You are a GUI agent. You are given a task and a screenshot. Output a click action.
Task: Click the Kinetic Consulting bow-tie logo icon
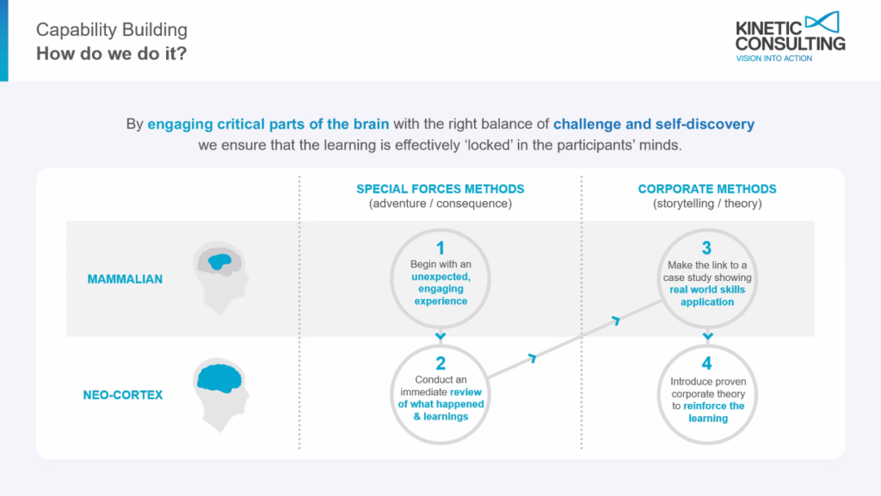tap(822, 21)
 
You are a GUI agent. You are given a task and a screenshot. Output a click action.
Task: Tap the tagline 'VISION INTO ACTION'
tap(773, 58)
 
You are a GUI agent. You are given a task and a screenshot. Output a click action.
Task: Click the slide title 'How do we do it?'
tap(111, 54)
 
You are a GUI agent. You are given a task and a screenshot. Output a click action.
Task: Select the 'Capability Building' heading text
tap(112, 30)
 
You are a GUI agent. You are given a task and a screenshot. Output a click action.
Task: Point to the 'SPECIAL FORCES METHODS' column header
tap(440, 189)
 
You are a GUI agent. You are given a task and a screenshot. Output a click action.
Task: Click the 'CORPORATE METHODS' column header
tap(707, 189)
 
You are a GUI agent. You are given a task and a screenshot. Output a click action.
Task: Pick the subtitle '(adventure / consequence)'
tap(440, 204)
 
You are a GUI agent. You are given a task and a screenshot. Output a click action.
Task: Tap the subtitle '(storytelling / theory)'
tap(707, 204)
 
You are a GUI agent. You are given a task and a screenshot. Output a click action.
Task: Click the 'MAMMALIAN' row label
tap(125, 279)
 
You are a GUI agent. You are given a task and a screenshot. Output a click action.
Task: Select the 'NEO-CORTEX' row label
tap(123, 395)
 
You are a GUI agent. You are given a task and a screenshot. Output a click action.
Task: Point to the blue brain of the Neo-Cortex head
tap(219, 378)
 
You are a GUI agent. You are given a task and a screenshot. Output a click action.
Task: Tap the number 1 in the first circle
tap(440, 248)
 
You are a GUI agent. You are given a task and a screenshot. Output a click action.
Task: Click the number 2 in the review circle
tap(440, 364)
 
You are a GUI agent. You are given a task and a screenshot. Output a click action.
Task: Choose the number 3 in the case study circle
tap(707, 248)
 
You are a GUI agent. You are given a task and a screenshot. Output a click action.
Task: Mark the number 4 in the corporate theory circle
tap(707, 364)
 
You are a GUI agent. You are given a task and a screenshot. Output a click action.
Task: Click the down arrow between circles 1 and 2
tap(440, 336)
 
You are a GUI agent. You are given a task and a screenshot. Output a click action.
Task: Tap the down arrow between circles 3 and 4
tap(707, 336)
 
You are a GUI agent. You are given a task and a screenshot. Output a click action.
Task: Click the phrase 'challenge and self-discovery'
tap(654, 124)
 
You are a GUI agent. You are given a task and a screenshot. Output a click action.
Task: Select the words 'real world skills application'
tap(707, 296)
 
